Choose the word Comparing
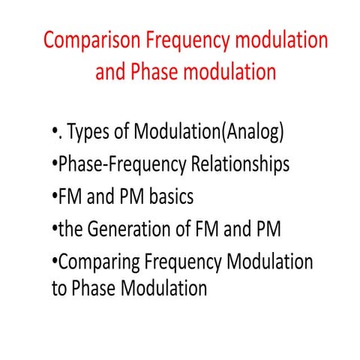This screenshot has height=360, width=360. (x=97, y=261)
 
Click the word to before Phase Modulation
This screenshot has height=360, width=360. (x=59, y=288)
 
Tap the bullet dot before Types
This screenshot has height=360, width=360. (x=55, y=135)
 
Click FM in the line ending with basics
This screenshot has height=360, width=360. (x=70, y=196)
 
